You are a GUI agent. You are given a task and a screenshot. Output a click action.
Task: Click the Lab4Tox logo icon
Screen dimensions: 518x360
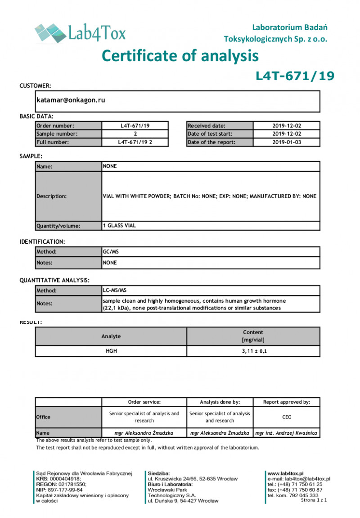(x=49, y=32)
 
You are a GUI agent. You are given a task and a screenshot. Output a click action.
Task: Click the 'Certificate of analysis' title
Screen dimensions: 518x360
(x=180, y=56)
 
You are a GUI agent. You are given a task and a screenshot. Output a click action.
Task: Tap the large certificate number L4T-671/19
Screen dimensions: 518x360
(x=295, y=76)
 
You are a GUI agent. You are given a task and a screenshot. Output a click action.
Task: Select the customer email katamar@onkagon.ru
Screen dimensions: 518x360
(x=71, y=100)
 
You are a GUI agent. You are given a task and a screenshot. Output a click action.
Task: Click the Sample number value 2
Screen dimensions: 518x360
(x=135, y=134)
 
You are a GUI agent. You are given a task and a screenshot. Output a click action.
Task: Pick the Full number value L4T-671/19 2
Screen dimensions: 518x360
(x=135, y=142)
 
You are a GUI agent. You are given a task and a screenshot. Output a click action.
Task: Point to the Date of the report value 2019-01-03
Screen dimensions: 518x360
(x=287, y=142)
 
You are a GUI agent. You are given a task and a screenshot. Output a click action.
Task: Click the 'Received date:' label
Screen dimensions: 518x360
(x=207, y=126)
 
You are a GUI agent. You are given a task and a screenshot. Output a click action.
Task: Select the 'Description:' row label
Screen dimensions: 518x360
(x=52, y=196)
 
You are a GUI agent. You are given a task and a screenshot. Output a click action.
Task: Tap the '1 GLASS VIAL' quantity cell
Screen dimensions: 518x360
(x=120, y=226)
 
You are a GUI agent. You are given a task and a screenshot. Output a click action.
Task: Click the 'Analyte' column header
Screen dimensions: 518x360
(x=111, y=336)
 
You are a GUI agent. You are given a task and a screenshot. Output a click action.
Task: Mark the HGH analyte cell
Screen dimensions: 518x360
(x=111, y=351)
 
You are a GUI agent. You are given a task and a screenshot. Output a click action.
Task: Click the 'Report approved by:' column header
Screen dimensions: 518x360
(x=287, y=402)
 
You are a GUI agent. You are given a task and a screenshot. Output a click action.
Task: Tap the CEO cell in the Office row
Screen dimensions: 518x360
(x=287, y=417)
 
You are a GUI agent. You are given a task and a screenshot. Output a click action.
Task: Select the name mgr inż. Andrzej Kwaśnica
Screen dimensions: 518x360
(x=287, y=433)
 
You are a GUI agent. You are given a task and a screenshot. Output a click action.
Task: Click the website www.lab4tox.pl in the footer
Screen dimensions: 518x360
(x=286, y=473)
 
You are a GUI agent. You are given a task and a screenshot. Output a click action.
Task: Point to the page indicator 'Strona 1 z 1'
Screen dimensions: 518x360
(x=314, y=500)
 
